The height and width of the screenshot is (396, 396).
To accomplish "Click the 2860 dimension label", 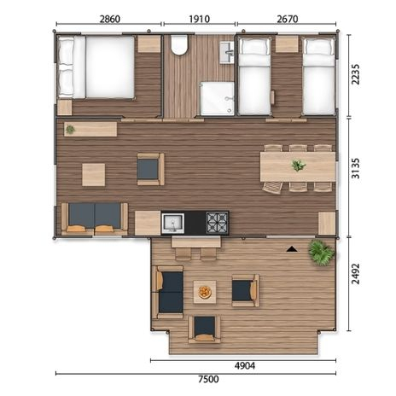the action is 110,19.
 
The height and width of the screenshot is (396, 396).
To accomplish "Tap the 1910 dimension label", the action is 199,19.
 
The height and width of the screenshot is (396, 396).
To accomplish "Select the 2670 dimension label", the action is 288,19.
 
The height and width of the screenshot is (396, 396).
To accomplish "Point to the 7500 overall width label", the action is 208,379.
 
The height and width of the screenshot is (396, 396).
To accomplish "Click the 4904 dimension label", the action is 245,365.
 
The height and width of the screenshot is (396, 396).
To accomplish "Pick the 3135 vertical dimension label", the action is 356,168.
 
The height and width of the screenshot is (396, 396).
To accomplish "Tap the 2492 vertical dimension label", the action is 356,274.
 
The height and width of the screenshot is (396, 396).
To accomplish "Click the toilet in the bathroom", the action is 179,44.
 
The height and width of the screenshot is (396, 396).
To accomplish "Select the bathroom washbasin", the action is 227,53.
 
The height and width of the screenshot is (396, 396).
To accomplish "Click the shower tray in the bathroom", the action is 218,99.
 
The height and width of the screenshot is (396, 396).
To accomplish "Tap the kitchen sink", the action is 172,224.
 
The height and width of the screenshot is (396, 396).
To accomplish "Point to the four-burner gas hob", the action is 217,223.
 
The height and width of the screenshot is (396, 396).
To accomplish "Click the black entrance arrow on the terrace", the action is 292,249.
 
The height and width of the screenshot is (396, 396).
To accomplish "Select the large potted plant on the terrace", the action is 321,253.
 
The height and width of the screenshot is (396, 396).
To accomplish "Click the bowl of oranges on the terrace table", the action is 205,292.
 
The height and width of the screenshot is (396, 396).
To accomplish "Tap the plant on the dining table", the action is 298,166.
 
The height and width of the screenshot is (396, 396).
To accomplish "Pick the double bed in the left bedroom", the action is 96,67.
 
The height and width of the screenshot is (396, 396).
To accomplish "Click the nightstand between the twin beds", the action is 287,44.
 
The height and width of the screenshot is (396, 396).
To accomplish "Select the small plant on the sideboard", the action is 70,130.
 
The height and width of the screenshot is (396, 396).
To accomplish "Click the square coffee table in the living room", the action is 94,175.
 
